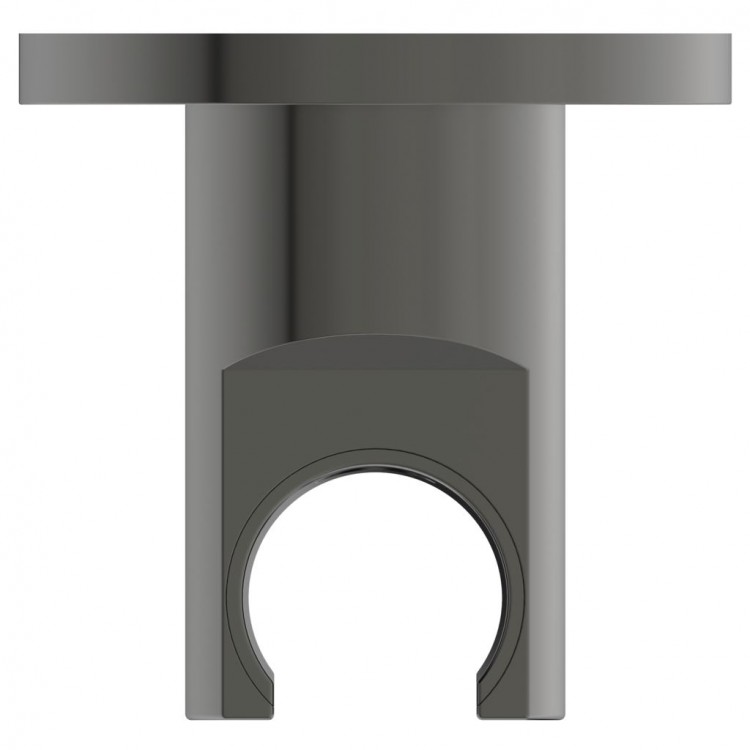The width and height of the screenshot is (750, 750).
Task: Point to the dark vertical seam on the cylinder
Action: click(x=292, y=220)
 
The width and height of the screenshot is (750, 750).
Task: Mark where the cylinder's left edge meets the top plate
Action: click(x=186, y=104)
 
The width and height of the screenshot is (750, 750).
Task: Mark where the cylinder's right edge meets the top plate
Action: click(x=564, y=104)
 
